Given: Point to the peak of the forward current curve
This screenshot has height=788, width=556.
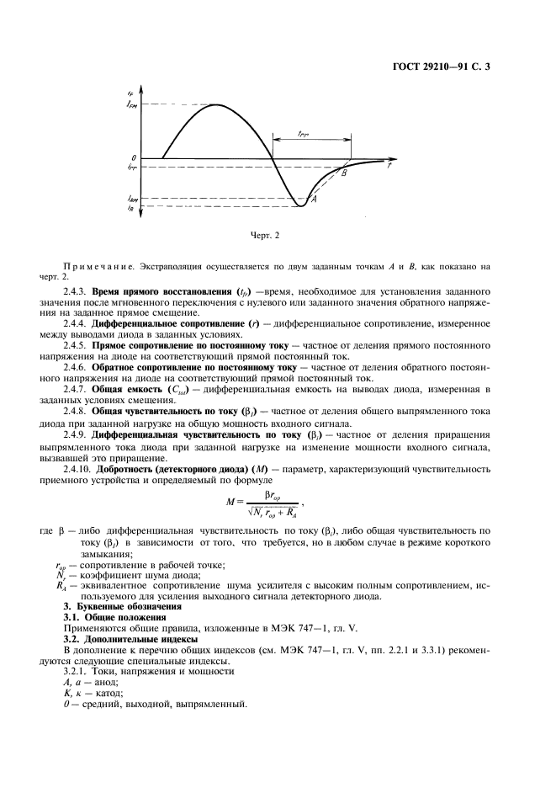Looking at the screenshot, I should (217, 105).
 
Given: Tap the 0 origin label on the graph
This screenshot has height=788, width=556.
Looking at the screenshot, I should (133, 157).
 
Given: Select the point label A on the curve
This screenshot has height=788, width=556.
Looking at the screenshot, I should (313, 200).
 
